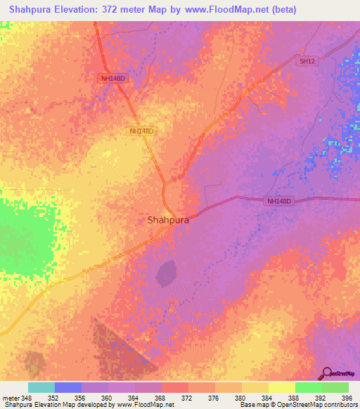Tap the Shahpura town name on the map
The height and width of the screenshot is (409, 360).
168,220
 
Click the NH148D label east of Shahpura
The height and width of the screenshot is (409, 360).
279,201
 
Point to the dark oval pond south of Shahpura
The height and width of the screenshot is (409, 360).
167,273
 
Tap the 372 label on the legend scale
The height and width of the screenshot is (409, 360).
188,398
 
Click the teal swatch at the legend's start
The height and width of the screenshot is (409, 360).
41,387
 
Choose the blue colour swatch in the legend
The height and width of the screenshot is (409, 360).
67,387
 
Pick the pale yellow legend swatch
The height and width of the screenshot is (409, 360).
281,387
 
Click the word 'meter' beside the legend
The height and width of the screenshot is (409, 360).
10,398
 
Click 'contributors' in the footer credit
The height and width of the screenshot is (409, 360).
338,405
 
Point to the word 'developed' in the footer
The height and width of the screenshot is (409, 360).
90,405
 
